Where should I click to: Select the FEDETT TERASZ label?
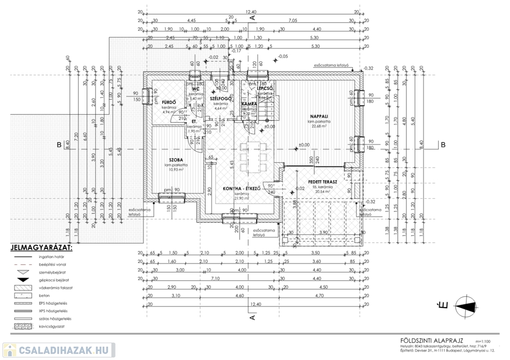click(x=322, y=182)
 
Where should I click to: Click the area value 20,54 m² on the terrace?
click(x=323, y=192)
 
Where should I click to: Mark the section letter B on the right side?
click(x=442, y=145)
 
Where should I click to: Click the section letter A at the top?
click(x=252, y=17)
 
